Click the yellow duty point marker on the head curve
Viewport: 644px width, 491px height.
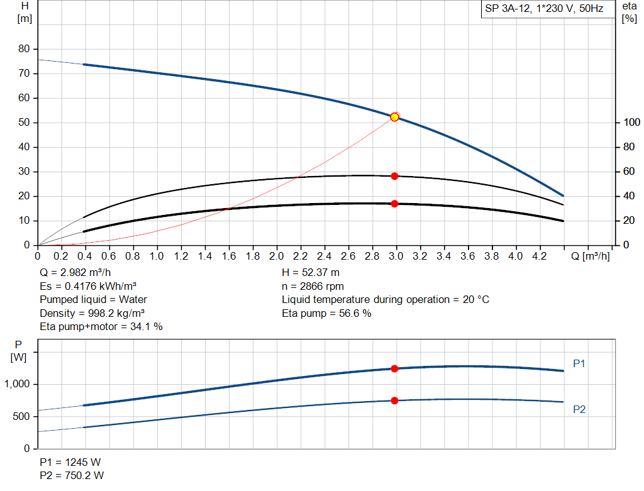point(394,117)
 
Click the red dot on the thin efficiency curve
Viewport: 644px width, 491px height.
point(395,176)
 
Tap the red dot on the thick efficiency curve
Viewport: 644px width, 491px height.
point(395,204)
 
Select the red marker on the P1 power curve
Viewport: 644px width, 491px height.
point(395,368)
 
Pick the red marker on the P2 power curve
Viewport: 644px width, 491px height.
point(395,400)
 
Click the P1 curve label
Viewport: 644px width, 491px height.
point(579,363)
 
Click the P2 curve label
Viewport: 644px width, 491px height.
point(579,409)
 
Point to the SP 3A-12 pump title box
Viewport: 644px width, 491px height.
point(544,9)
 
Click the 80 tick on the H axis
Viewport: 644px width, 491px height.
point(25,49)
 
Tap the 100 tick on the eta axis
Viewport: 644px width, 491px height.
point(629,123)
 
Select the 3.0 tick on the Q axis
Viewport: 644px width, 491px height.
point(396,257)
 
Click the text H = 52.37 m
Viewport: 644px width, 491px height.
point(311,273)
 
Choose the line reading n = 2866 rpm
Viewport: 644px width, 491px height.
point(313,286)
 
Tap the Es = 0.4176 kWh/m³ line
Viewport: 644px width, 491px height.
point(88,286)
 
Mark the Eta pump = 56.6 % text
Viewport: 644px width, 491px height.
point(326,313)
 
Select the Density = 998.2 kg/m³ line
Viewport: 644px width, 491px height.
point(92,313)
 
